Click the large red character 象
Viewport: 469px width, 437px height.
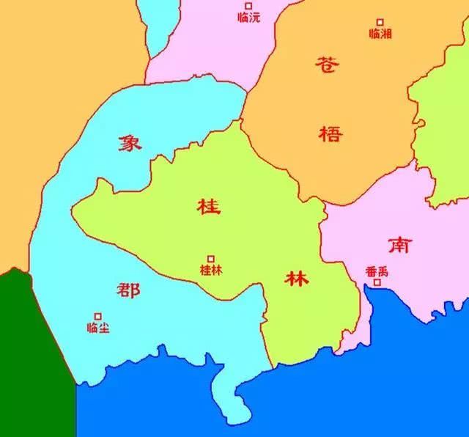coord(130,142)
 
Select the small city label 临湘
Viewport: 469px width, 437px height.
coord(380,34)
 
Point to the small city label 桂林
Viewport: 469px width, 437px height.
coord(211,270)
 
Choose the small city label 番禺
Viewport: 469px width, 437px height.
coord(377,271)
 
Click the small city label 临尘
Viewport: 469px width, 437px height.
coord(97,328)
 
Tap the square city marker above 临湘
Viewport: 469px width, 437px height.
coord(380,22)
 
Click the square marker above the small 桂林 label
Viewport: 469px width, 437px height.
coord(211,258)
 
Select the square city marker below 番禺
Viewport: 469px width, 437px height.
coord(377,282)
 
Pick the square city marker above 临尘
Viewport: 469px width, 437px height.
coord(97,317)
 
